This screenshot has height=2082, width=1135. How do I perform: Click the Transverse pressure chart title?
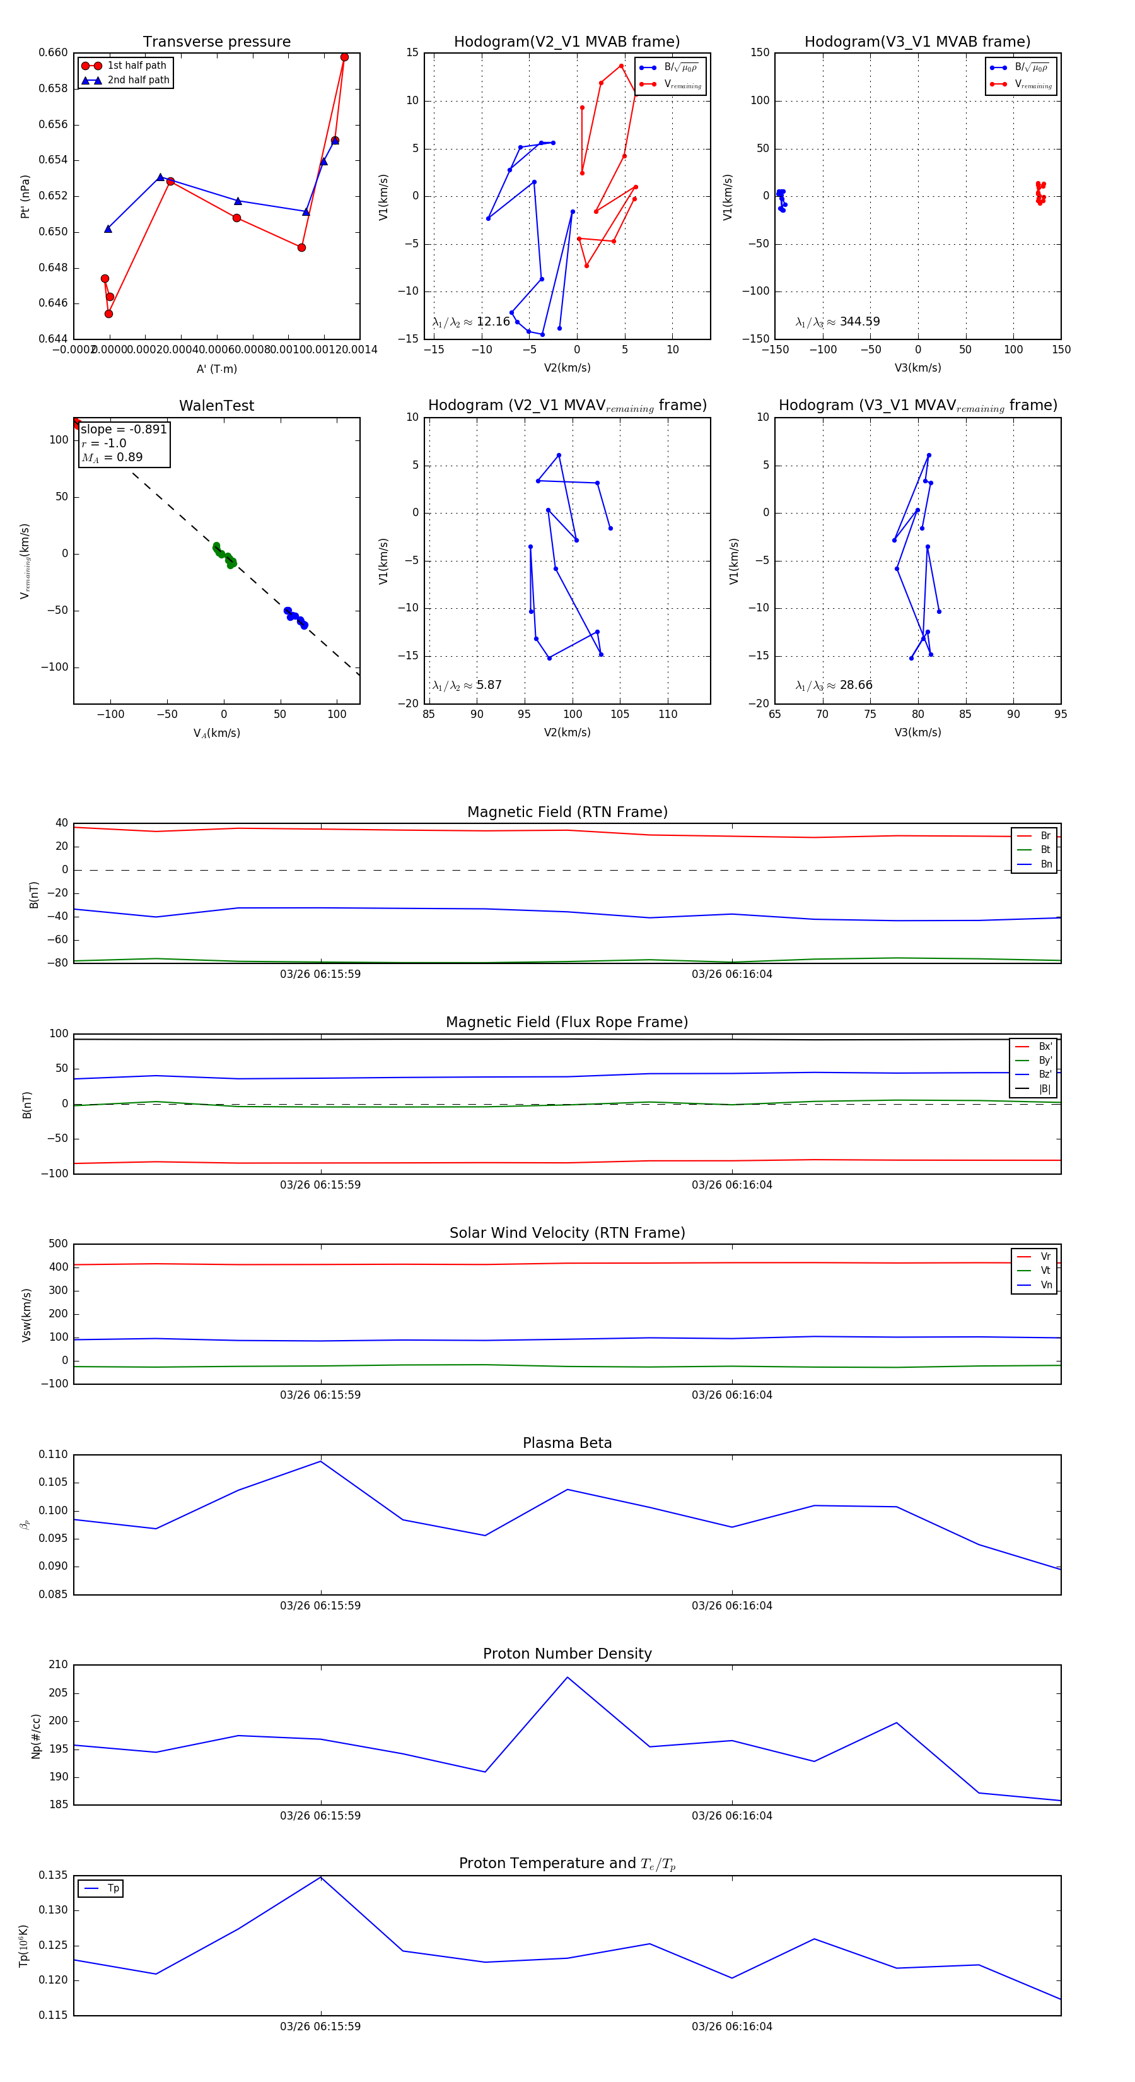216,42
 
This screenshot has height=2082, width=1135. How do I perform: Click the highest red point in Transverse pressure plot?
344,57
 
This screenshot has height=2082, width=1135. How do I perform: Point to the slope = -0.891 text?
124,429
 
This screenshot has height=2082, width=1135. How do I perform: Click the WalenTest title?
216,406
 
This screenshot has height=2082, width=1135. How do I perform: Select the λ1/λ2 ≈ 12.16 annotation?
471,322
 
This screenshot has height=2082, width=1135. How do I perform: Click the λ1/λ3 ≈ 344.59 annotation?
838,322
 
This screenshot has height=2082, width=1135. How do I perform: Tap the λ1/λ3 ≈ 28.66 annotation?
834,685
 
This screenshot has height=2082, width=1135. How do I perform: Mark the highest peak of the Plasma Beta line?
321,1461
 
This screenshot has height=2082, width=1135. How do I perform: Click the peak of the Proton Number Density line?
567,1677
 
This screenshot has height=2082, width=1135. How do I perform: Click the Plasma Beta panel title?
567,1443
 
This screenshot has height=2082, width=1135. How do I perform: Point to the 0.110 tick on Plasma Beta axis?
54,1454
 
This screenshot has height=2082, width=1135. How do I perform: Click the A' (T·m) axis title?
216,368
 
